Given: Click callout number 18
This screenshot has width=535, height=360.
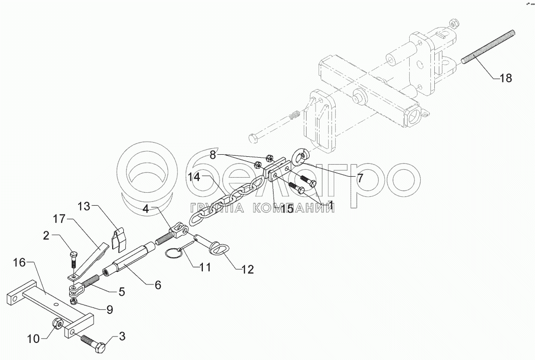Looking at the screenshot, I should coord(506,79).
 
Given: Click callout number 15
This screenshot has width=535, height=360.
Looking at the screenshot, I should coord(287,208).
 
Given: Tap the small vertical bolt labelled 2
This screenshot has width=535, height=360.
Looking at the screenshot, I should coord(73,259).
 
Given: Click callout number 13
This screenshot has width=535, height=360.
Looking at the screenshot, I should coord(86,206).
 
